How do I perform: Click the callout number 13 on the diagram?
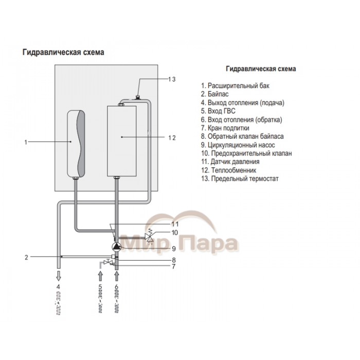[172, 79]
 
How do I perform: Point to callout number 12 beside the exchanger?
[172, 138]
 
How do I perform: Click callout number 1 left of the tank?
[26, 141]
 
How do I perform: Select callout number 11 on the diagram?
[175, 224]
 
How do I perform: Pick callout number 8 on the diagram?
[174, 260]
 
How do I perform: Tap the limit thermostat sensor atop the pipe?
[137, 96]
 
